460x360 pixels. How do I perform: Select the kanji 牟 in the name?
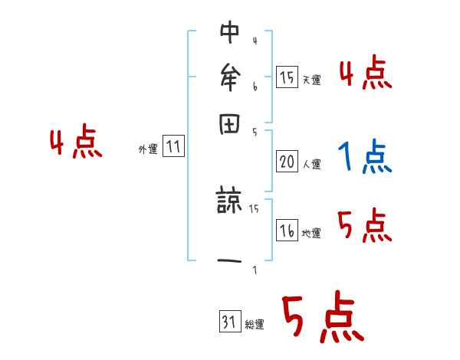(x=230, y=77)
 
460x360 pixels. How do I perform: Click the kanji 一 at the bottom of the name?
(x=230, y=261)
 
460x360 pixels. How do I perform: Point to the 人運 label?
(x=311, y=164)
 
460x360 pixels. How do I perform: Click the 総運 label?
(x=255, y=325)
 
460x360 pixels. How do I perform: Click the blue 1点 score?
(x=363, y=157)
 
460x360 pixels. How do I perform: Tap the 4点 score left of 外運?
(x=75, y=143)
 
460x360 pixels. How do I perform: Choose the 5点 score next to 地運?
(x=364, y=227)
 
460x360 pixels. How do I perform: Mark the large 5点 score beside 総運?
(x=322, y=319)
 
